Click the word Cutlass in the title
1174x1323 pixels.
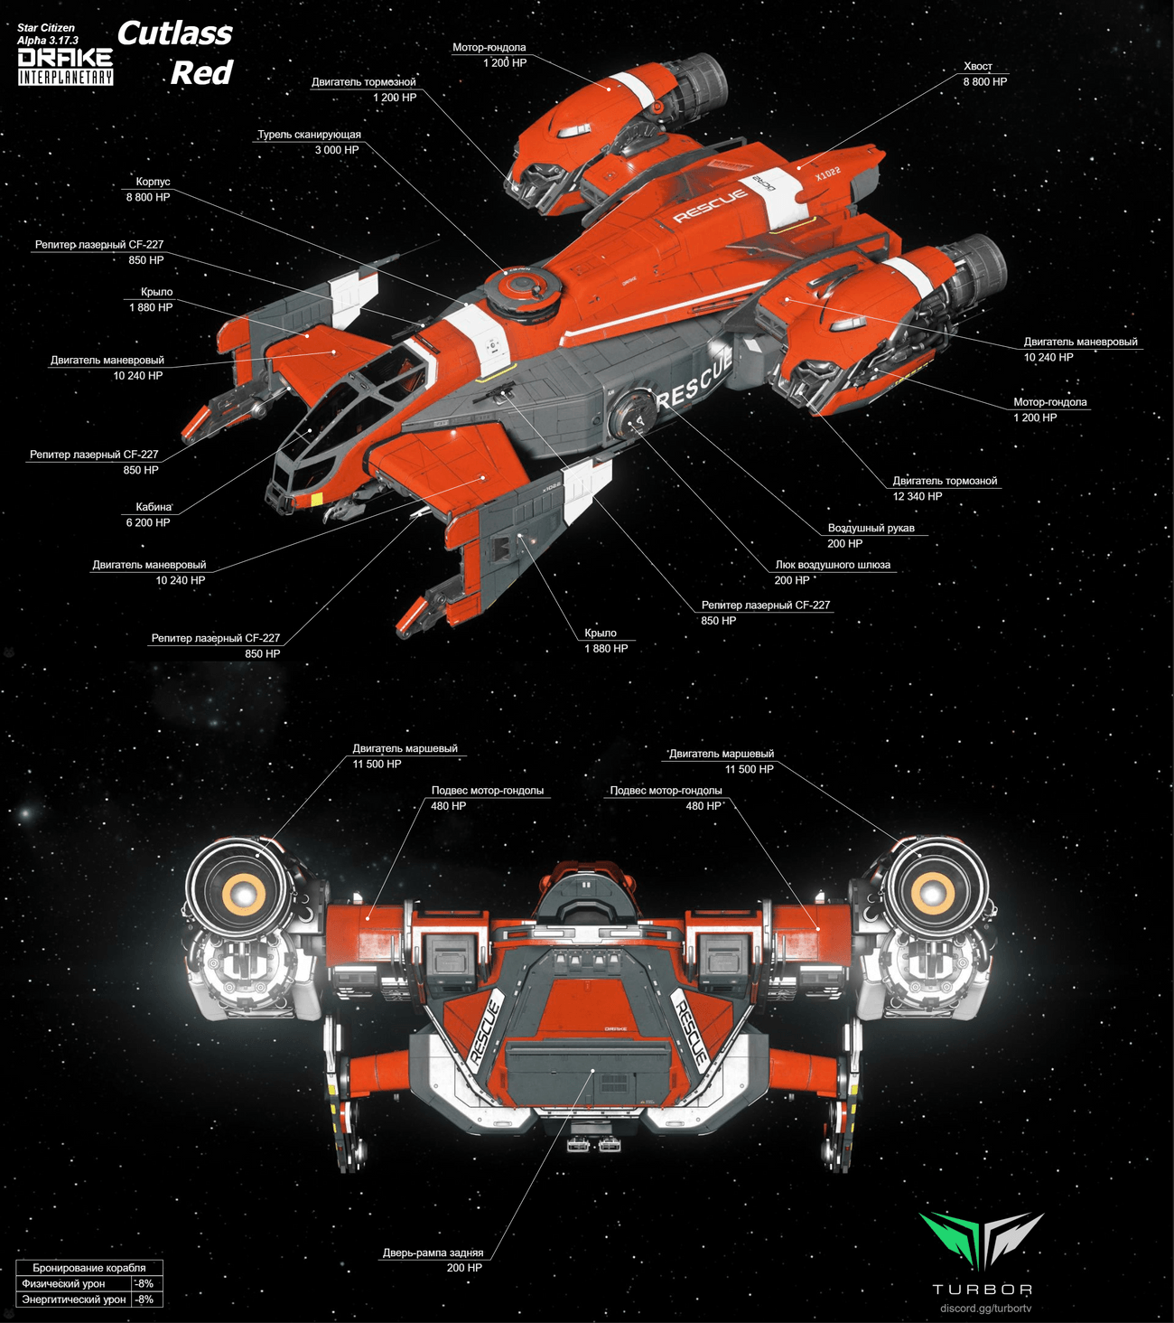174,34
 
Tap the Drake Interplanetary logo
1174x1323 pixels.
66,66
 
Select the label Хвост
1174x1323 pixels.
977,66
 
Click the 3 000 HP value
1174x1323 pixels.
336,150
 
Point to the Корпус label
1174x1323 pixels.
153,182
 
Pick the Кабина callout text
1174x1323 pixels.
154,507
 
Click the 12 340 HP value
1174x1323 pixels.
917,496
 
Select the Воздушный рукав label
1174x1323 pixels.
871,528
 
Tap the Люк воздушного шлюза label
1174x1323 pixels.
832,565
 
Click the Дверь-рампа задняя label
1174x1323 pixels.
433,1253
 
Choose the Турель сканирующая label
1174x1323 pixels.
309,135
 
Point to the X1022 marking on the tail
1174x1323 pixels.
827,172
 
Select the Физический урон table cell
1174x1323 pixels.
63,1283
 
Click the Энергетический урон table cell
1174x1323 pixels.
73,1300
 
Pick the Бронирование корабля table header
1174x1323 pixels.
89,1268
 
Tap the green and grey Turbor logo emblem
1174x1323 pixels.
981,1240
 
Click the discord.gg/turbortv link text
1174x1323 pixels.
985,1308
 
